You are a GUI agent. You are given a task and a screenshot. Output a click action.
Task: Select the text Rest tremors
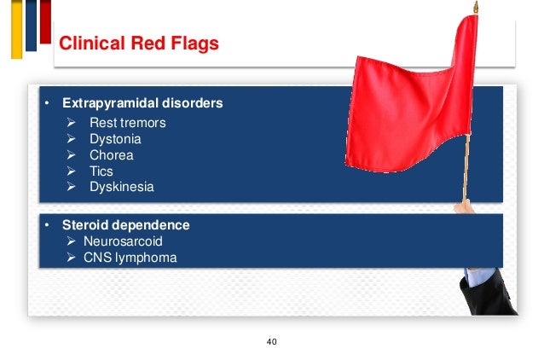(x=127, y=123)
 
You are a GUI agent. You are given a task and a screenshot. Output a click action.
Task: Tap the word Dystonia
(x=115, y=139)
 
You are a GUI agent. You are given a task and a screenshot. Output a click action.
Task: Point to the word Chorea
(x=111, y=155)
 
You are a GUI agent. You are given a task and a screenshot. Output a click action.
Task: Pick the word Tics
(x=101, y=171)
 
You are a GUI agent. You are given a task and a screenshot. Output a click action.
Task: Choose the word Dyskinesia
(x=122, y=187)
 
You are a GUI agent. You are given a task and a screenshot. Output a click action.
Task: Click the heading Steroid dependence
(x=127, y=225)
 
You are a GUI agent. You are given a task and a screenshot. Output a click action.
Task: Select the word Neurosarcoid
(x=123, y=241)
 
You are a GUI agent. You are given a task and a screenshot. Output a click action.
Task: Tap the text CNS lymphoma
(x=130, y=256)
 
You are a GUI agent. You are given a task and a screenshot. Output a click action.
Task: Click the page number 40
(x=272, y=342)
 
